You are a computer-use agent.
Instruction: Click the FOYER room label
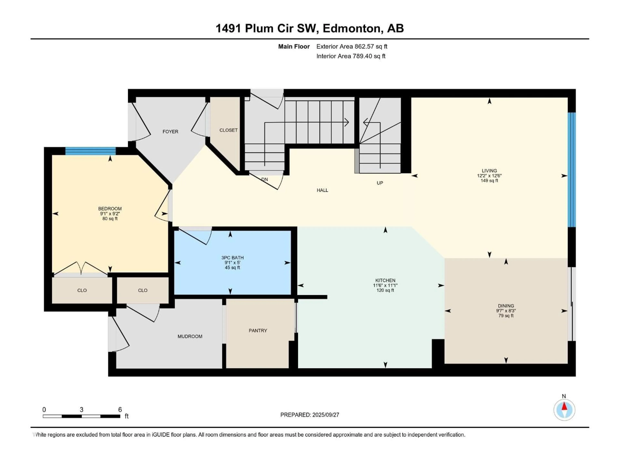click(x=170, y=131)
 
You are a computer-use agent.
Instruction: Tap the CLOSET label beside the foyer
click(x=228, y=130)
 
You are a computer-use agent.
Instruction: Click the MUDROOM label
click(x=190, y=336)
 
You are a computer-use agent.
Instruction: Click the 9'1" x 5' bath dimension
click(x=232, y=263)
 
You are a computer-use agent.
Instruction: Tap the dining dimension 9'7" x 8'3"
click(x=506, y=310)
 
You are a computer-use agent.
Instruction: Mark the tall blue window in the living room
click(x=572, y=170)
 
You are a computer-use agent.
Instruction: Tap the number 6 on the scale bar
click(x=120, y=409)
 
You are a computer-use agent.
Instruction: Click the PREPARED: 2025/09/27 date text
click(x=310, y=415)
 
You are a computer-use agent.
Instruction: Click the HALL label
click(x=322, y=190)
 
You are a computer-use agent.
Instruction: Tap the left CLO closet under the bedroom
click(x=82, y=290)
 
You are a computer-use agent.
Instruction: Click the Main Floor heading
click(x=294, y=46)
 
